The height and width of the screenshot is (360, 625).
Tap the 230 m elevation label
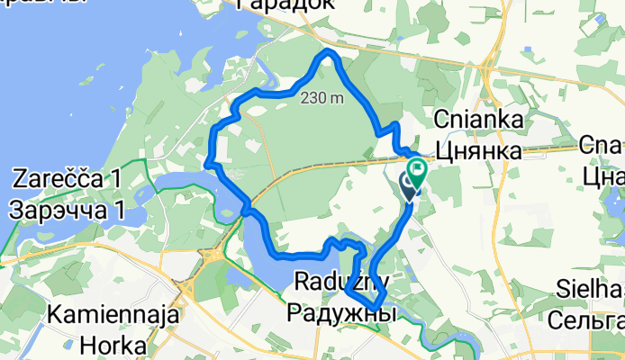323,98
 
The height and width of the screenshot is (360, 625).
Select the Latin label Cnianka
476,120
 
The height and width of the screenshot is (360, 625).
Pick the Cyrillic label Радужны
341,313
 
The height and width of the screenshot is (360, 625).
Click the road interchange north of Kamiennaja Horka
214,258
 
